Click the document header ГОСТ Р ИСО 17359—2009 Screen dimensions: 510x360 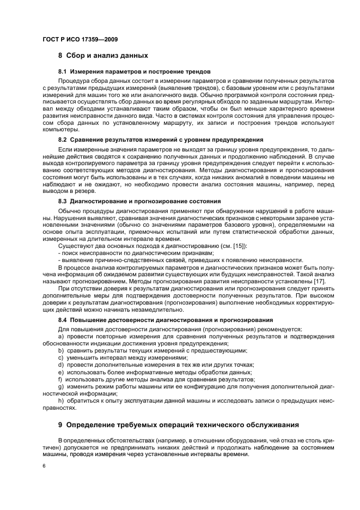(x=80, y=39)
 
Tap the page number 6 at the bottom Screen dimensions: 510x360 (x=44, y=466)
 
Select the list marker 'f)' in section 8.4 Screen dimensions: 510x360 (x=60, y=379)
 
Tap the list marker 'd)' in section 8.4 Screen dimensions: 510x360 (x=61, y=365)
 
